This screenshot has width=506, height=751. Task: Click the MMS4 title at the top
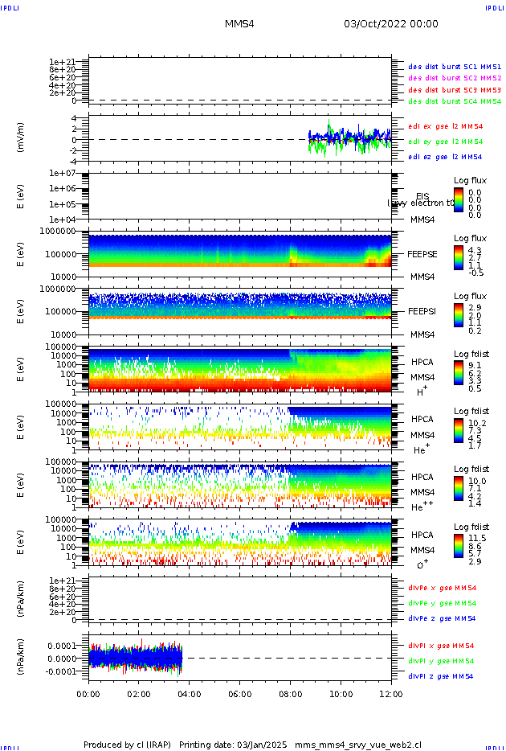239,25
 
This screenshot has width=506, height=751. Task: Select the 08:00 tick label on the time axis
290,693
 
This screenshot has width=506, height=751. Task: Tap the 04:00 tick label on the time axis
189,693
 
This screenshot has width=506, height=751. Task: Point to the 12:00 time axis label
391,693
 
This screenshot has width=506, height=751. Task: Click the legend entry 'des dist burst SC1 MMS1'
455,67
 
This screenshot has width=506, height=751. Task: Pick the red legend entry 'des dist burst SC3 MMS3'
455,90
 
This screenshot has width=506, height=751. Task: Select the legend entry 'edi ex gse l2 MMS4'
445,126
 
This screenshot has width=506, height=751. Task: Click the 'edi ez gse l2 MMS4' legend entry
445,157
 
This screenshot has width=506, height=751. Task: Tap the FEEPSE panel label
422,254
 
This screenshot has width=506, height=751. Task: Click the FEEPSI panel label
422,311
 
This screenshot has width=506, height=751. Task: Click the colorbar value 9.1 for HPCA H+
475,363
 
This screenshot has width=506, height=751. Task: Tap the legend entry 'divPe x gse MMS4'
442,588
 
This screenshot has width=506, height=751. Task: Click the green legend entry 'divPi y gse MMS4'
442,661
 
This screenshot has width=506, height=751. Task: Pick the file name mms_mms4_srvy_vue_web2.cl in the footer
357,745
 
